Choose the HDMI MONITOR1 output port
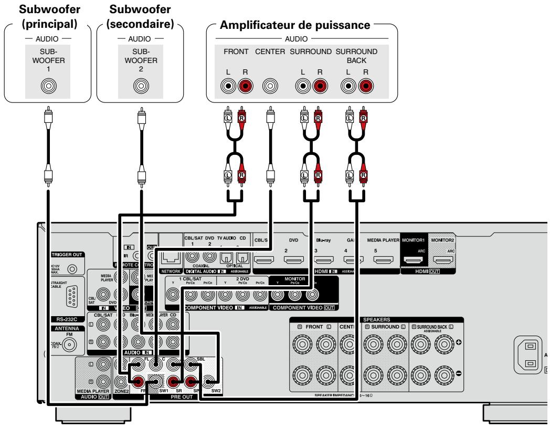(414, 259)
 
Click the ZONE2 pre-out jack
(122, 382)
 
